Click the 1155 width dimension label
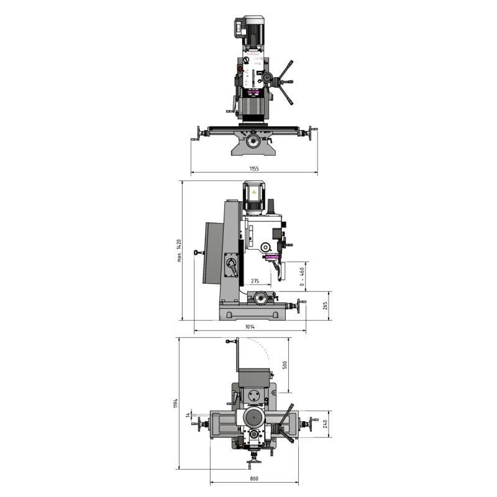click(253, 168)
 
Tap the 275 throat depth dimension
click(255, 281)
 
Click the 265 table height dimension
click(324, 305)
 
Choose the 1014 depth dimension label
click(250, 326)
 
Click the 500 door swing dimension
click(285, 365)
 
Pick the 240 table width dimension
click(324, 424)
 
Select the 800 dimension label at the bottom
click(253, 478)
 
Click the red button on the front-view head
click(239, 68)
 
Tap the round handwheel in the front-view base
click(253, 142)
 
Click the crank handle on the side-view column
click(232, 268)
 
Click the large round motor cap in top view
click(253, 417)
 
